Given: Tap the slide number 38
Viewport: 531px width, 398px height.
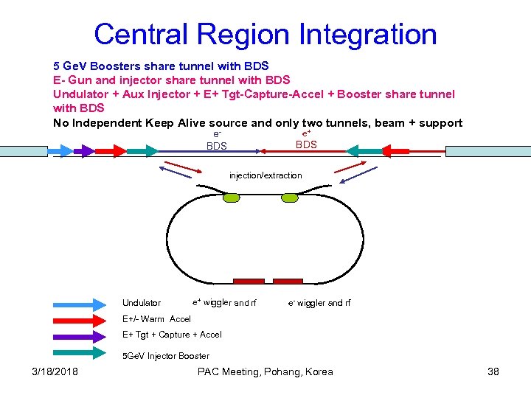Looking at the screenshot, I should coord(493,371).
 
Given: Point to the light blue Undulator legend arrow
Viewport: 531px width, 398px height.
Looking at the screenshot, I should coord(80,303).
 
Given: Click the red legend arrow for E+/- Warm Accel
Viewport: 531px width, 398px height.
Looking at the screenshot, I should coord(80,319).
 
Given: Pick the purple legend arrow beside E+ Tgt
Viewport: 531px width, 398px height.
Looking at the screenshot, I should coord(80,335).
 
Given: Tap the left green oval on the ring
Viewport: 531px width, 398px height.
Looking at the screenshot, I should coord(232,198).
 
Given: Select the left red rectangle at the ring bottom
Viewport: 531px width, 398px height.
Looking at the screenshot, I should coord(249,281).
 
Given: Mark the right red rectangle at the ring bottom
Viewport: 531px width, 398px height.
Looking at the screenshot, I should coord(288,281).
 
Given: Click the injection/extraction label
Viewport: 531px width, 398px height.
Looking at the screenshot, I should coord(265,175).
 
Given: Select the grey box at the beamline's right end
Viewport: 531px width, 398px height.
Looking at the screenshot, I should coord(487,151).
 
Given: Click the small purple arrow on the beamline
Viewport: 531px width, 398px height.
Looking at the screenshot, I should coord(84,151).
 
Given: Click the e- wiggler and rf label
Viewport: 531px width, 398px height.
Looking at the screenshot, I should coord(319,303).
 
